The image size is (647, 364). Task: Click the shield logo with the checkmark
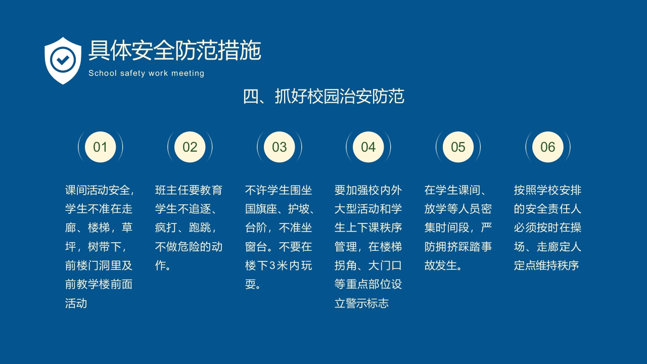63,60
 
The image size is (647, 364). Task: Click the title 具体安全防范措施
174,51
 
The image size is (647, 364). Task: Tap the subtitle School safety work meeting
146,73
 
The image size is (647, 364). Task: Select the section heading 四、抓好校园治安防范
323,96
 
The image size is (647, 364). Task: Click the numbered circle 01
100,147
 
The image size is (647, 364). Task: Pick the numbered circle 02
190,147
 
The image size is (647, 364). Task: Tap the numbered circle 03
280,147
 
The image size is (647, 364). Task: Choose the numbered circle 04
368,147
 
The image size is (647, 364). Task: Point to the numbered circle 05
458,147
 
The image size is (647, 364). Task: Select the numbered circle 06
548,147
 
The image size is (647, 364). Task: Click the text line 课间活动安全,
100,191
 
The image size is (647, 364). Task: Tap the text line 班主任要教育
189,191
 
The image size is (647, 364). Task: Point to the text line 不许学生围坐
279,191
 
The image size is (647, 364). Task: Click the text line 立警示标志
361,303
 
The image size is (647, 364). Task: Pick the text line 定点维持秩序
546,265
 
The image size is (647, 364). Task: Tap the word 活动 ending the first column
76,303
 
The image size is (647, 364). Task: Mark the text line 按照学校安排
547,191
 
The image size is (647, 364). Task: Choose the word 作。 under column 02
164,265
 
